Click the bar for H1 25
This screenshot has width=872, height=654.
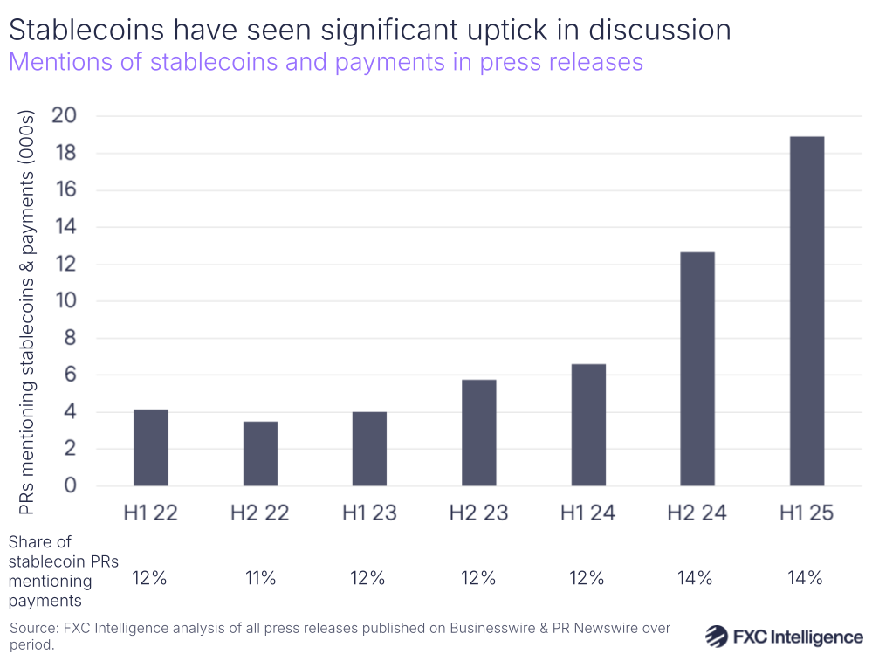click(x=807, y=311)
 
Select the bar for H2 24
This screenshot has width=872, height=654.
click(x=697, y=368)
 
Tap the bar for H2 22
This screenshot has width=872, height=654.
click(x=260, y=453)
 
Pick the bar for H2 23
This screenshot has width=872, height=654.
click(x=478, y=432)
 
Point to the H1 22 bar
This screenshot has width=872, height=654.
click(x=150, y=447)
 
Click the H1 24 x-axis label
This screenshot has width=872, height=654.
click(x=587, y=513)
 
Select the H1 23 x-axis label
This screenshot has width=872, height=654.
click(x=369, y=513)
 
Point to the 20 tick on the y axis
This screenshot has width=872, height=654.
click(x=64, y=116)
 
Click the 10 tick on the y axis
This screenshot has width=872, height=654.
click(x=64, y=301)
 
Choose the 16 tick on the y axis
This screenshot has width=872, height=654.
click(x=64, y=190)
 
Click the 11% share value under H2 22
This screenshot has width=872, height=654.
click(x=260, y=577)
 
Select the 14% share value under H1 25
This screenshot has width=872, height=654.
click(x=806, y=577)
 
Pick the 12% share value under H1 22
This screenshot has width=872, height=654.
click(x=150, y=577)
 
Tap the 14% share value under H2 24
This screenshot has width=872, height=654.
click(x=697, y=577)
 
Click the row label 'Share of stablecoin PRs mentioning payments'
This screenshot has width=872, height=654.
click(x=63, y=571)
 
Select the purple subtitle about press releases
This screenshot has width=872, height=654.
click(x=326, y=63)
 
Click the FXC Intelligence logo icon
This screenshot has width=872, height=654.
click(x=717, y=635)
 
